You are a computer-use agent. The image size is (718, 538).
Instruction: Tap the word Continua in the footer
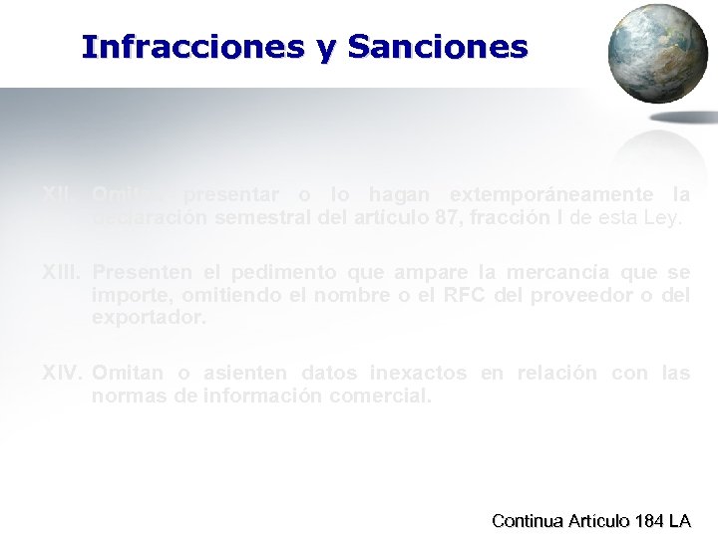pos(527,520)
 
